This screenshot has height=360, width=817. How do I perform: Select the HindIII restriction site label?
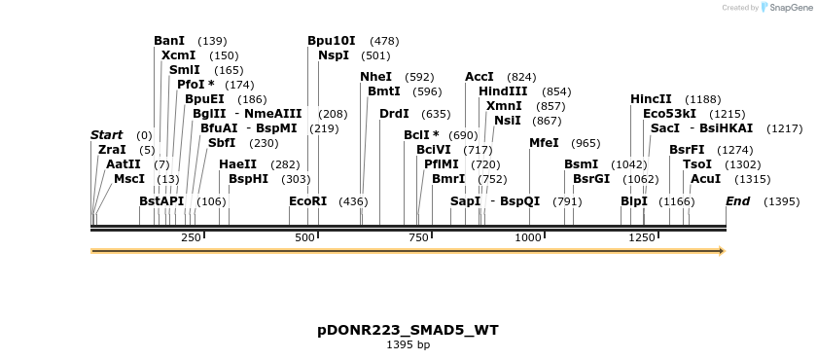tap(503, 90)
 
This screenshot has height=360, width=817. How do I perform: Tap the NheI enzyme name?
tap(376, 76)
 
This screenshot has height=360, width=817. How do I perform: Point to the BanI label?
tap(169, 41)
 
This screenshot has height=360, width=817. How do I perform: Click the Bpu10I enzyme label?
tap(332, 41)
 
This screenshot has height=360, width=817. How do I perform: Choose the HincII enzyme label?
tap(651, 99)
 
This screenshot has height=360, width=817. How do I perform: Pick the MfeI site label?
tap(544, 143)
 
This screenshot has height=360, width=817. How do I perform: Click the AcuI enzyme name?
tap(705, 178)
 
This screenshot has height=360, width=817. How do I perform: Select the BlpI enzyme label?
tap(634, 201)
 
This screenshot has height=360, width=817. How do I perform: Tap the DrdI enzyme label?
tap(394, 114)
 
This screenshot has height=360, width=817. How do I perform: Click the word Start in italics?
tap(107, 134)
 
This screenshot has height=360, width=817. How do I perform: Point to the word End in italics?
tap(738, 201)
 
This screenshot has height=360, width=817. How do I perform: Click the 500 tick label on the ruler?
tap(305, 237)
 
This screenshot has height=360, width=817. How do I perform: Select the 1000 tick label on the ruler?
tap(528, 237)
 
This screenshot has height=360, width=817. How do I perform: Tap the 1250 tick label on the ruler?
tap(642, 237)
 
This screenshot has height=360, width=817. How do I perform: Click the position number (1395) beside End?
tap(782, 201)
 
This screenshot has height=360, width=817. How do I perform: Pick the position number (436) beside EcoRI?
tap(353, 201)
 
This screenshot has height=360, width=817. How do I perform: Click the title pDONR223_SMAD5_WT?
tap(408, 330)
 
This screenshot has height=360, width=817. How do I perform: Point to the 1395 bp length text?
tap(408, 345)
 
